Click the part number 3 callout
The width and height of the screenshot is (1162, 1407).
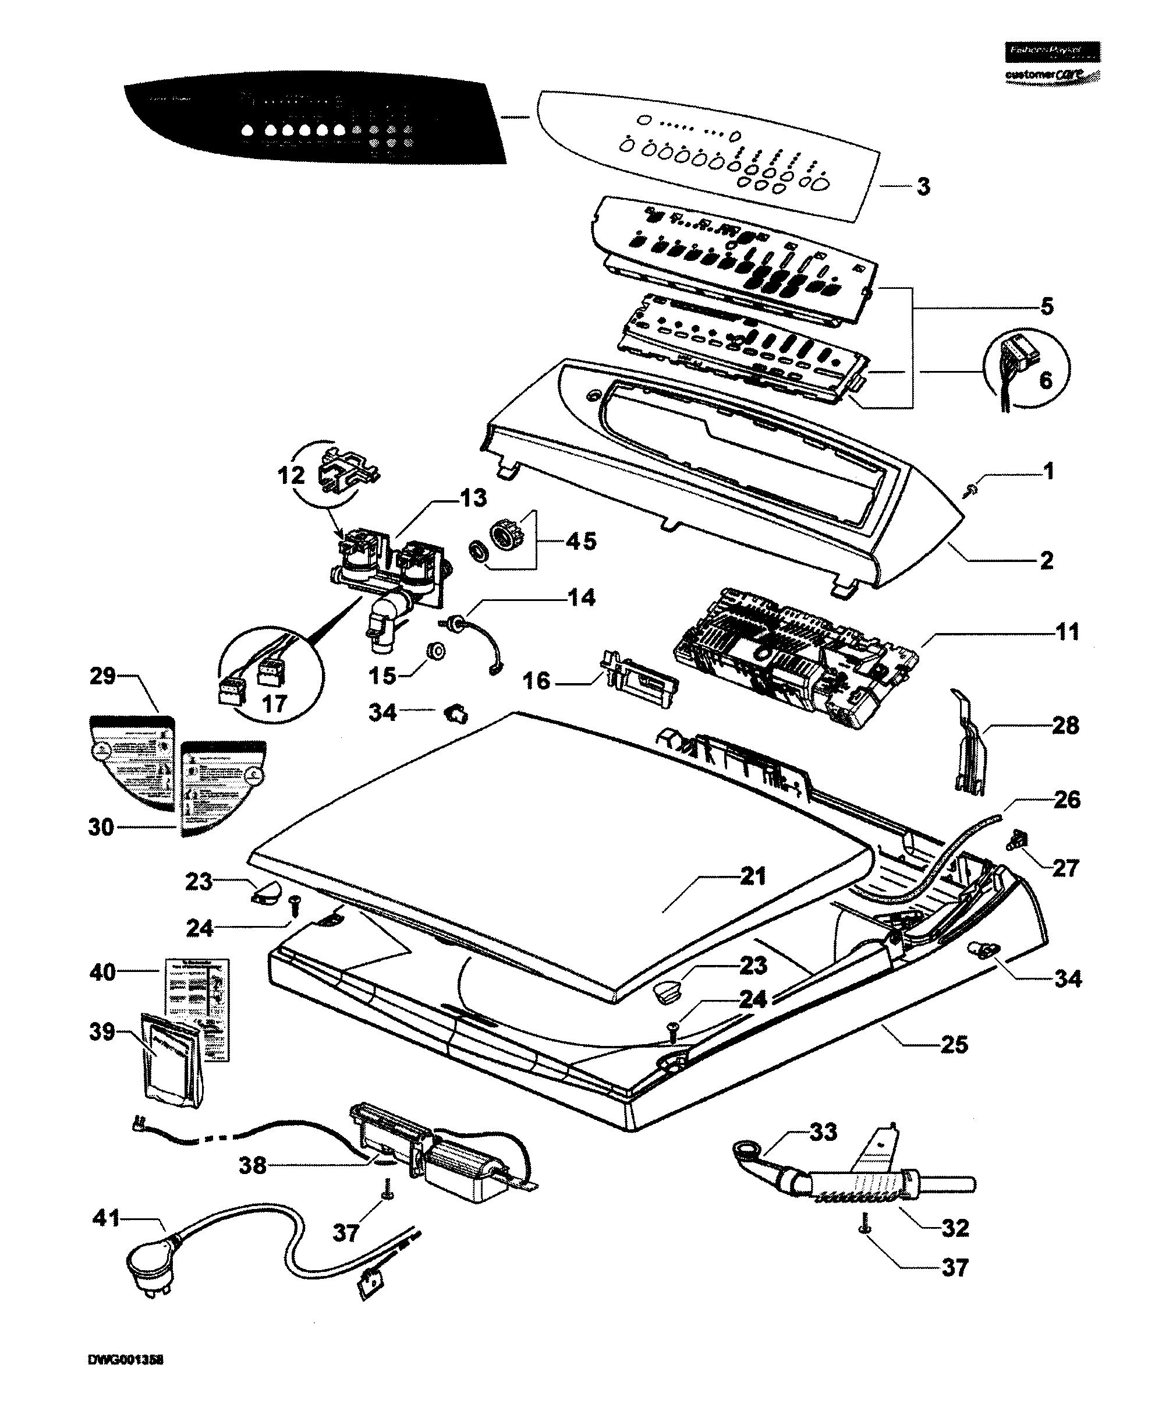[923, 186]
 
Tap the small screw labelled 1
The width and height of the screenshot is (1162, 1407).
[969, 491]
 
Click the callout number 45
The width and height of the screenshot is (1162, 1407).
[580, 541]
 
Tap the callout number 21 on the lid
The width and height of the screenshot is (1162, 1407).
[753, 875]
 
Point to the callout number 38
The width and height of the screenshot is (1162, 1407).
[253, 1166]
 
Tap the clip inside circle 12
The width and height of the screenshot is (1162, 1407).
[348, 467]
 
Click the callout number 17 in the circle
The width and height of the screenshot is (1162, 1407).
[274, 703]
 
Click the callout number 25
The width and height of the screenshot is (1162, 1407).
[954, 1044]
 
